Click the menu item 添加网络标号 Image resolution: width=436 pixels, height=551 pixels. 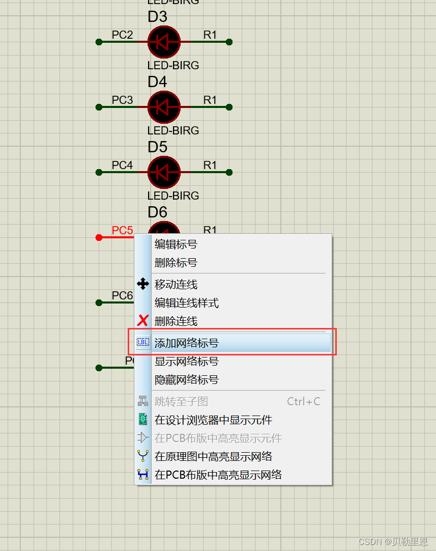pos(186,343)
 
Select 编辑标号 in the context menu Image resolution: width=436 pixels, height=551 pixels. pos(176,244)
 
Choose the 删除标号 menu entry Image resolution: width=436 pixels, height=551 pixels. pos(176,263)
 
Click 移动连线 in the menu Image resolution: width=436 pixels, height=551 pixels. pos(176,285)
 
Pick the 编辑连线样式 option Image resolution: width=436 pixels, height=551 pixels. pos(186,303)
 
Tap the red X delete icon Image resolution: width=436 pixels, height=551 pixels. pos(143,321)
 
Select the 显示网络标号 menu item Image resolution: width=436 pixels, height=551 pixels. pos(186,362)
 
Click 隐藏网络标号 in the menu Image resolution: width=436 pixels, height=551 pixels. pos(186,380)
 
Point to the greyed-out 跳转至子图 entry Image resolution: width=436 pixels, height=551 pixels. pos(181,402)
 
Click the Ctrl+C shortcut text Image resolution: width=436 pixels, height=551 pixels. pos(304,402)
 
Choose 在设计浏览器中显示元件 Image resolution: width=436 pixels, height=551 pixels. pos(213,420)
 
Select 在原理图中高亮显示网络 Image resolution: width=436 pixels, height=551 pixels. pos(213,456)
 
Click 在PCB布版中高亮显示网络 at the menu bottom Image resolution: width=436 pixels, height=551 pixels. pos(218,475)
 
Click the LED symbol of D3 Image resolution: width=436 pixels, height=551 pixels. pos(164,42)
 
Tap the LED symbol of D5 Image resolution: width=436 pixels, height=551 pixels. pos(164,172)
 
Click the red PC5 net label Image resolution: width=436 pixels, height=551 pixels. pos(122,230)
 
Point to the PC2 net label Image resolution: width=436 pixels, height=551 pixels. pos(122,35)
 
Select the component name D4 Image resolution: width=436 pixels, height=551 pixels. pos(157,81)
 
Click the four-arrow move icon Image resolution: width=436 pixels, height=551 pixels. pos(143,284)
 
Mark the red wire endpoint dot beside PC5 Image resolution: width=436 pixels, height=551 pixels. pos(99,237)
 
